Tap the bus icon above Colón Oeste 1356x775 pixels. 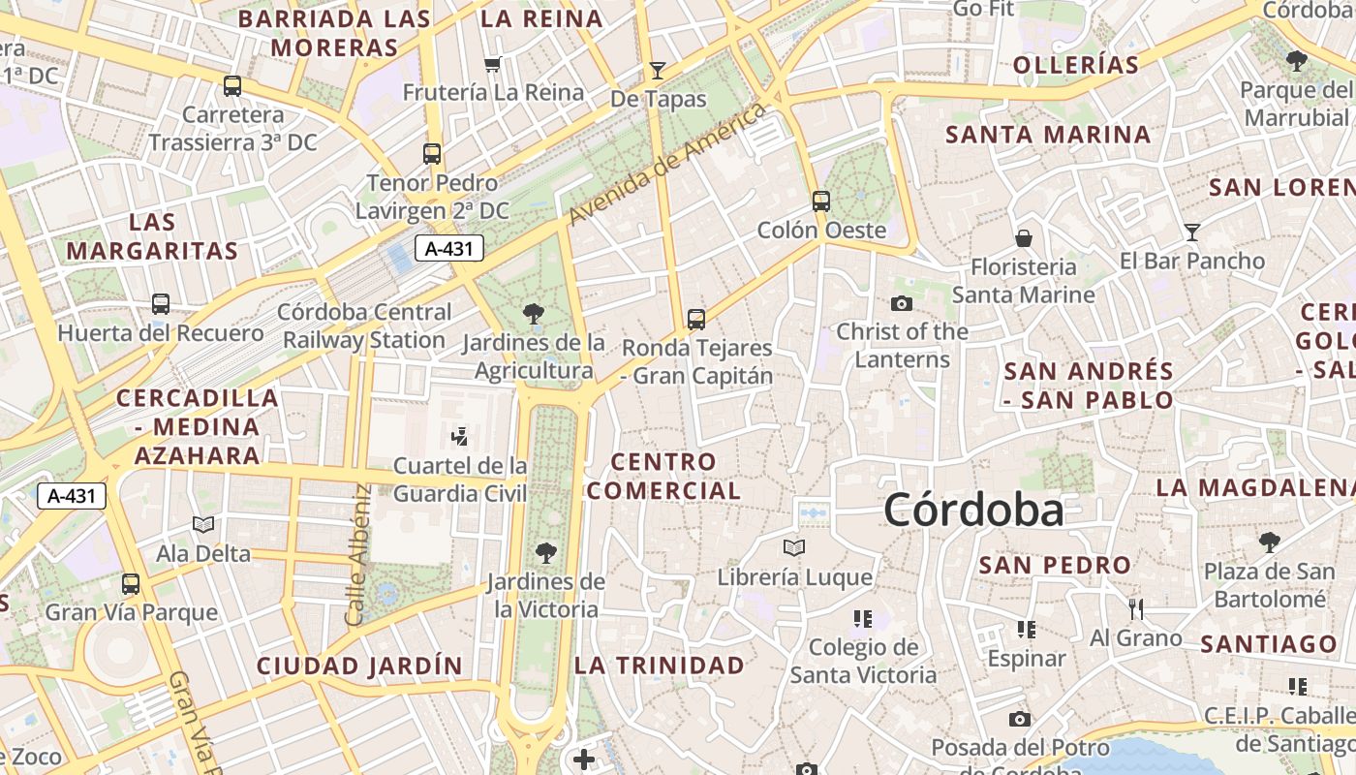coord(821,201)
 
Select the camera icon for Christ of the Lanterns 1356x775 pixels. coord(902,303)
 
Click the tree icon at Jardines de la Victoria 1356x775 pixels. coord(546,553)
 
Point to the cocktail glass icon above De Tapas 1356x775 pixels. coord(658,70)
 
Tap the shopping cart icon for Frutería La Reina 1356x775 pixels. coord(493,65)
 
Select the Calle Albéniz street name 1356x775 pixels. coord(357,554)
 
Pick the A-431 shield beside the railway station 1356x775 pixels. coord(449,248)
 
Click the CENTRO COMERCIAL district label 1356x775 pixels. coord(663,476)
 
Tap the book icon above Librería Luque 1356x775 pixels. coord(794,548)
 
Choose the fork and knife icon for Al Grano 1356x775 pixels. coord(1136,608)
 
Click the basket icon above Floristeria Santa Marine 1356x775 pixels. coord(1024,238)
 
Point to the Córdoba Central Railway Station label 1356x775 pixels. coord(364,326)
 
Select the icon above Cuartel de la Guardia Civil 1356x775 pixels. coord(460,436)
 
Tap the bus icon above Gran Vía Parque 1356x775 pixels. coord(131,584)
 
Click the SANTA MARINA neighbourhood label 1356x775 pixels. coord(1049,135)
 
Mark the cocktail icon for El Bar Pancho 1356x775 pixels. coord(1192,232)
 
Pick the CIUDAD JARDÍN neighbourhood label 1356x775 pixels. coord(359,666)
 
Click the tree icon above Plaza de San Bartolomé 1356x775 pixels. coord(1269,542)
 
